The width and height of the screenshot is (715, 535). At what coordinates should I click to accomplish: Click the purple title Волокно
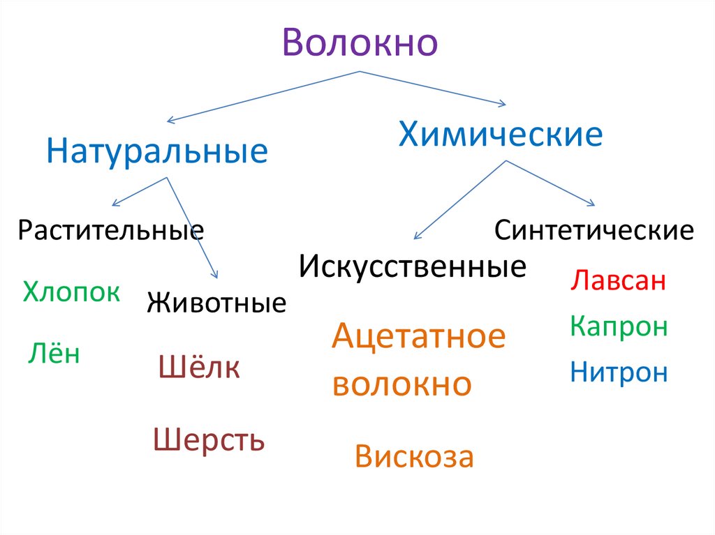click(x=360, y=43)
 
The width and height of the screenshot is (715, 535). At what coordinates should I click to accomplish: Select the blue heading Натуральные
click(x=157, y=151)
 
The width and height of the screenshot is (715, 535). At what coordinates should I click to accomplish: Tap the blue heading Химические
click(x=500, y=134)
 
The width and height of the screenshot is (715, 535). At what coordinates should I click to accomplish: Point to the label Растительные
click(x=111, y=229)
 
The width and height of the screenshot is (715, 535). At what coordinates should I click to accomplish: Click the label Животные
click(x=216, y=304)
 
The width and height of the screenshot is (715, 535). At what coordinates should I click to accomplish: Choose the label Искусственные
click(x=412, y=266)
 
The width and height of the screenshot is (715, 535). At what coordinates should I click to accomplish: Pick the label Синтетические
click(x=594, y=230)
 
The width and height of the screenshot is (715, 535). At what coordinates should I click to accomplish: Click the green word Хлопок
click(x=71, y=292)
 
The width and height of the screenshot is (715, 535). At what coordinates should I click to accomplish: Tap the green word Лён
click(x=54, y=354)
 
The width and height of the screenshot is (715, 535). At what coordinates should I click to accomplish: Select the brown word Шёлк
click(x=200, y=368)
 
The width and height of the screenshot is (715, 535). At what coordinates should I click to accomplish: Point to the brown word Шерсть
click(x=209, y=440)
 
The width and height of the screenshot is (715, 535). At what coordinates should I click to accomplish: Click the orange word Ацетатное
click(x=418, y=338)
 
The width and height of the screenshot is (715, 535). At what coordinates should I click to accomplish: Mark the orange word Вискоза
click(x=414, y=457)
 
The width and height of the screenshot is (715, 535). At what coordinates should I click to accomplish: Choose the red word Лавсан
click(x=618, y=281)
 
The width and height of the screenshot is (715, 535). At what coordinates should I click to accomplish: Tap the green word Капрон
click(x=619, y=326)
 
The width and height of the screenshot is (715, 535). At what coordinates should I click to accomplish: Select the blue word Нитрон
click(x=619, y=372)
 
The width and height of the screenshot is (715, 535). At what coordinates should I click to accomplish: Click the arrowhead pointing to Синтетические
click(x=591, y=204)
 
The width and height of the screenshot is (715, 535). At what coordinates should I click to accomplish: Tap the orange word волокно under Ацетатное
click(x=402, y=384)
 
